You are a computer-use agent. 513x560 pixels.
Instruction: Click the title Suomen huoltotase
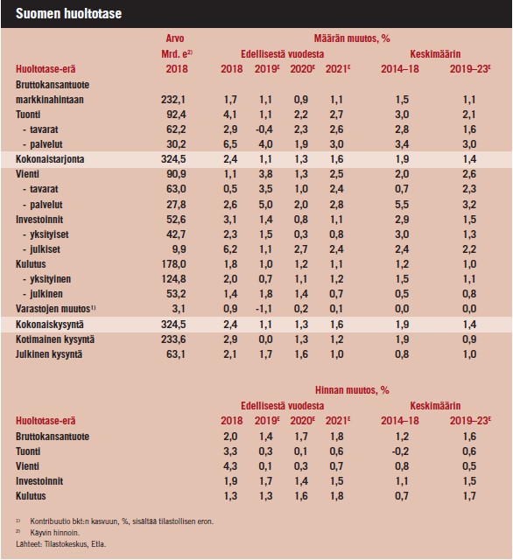[x=68, y=14]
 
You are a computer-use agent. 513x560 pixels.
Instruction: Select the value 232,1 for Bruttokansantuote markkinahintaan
[x=173, y=100]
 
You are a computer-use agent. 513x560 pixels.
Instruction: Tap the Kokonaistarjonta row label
[x=50, y=159]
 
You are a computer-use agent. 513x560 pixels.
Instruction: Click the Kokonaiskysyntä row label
[x=50, y=325]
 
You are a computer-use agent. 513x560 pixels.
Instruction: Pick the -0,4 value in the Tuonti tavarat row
[x=264, y=129]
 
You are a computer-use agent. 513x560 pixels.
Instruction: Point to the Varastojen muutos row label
[x=55, y=309]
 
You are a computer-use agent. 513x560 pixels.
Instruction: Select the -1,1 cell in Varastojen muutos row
[x=264, y=309]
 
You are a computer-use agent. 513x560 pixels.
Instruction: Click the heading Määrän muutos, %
[x=352, y=38]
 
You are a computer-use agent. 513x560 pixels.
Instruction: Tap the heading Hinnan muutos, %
[x=352, y=390]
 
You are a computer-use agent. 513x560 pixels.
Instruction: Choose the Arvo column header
[x=175, y=38]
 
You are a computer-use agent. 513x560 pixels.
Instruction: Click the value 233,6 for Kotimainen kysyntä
[x=173, y=339]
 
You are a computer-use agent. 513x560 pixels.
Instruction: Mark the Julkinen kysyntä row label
[x=49, y=354]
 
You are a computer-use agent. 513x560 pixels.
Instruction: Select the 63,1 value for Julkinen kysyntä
[x=176, y=354]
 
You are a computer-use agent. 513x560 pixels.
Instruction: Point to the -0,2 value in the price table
[x=400, y=451]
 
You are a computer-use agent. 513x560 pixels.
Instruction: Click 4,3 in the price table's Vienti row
[x=230, y=466]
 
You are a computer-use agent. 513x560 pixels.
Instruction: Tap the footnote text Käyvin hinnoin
[x=54, y=533]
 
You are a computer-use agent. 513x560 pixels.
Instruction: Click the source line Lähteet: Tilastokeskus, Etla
[x=60, y=544]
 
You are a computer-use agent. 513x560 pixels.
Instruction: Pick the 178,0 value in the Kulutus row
[x=173, y=264]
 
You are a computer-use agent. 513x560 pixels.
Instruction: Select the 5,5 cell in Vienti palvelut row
[x=402, y=205]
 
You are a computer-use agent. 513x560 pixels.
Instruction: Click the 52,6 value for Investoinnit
[x=176, y=220]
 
